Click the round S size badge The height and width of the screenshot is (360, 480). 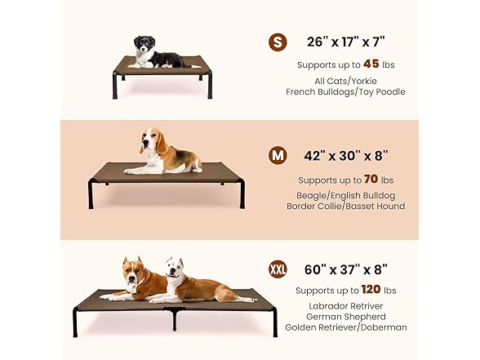tap(278, 42)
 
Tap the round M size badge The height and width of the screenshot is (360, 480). tap(278, 155)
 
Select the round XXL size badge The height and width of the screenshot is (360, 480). tap(278, 269)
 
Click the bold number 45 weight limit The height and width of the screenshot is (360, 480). tap(371, 64)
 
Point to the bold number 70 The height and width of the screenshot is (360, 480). tap(371, 179)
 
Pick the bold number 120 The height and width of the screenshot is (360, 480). tap(371, 289)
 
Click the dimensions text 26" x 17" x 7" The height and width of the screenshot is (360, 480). tap(345, 42)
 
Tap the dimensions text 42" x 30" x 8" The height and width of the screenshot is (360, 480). tap(346, 155)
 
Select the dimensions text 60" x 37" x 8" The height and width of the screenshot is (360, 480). tap(346, 269)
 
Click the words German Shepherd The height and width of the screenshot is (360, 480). tap(346, 317)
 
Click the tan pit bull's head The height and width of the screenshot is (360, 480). tap(134, 271)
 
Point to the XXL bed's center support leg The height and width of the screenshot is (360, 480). tap(175, 318)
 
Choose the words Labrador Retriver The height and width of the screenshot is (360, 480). tap(346, 306)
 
